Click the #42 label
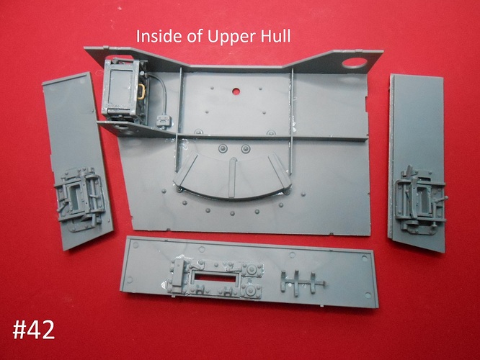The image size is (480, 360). (x=34, y=330)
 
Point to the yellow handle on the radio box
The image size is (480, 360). (x=141, y=91)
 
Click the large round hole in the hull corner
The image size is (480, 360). (x=354, y=63)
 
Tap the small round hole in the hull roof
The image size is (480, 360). (x=236, y=91)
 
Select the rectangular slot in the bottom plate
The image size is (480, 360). (x=215, y=277)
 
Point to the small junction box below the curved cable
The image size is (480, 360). (x=163, y=121)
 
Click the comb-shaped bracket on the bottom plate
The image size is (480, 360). (x=301, y=283)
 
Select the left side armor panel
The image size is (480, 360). (x=77, y=161)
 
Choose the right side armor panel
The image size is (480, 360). (x=417, y=163)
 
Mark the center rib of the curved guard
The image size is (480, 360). (x=233, y=177)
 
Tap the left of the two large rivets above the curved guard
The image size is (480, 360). (x=223, y=148)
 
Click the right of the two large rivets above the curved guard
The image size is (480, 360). (x=246, y=149)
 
